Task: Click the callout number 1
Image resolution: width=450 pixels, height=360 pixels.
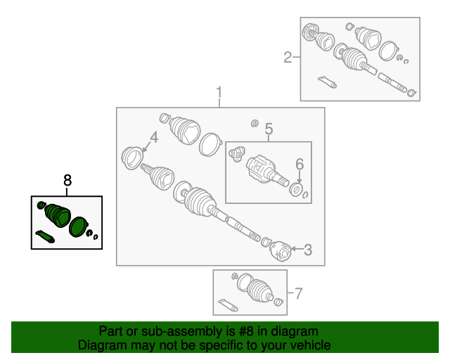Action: coord(219,92)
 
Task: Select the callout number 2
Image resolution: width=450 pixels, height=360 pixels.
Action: coord(288,57)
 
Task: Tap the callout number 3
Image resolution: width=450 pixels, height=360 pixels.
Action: coord(308,250)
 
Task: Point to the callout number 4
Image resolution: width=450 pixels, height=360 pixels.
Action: coord(154,137)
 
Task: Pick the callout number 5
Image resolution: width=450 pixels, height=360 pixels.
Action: coord(269,129)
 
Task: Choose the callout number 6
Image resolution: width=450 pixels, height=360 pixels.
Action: coord(300,165)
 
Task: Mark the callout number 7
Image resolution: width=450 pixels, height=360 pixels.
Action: coord(299,293)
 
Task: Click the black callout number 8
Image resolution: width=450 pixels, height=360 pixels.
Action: coord(67,181)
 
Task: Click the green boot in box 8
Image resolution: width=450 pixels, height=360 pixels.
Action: coord(58,215)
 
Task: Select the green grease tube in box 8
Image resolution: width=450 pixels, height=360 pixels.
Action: coord(45,236)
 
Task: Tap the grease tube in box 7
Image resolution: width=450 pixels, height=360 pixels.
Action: coord(228,305)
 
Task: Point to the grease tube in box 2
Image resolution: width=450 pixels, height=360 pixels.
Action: coord(327,82)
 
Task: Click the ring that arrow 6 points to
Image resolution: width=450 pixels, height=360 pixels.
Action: coord(295,190)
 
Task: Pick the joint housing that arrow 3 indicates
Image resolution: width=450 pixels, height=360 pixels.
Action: coord(281,252)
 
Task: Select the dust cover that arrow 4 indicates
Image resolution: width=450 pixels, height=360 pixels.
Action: coord(132,157)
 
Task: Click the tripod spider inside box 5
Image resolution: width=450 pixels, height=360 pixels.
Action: coord(237,154)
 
